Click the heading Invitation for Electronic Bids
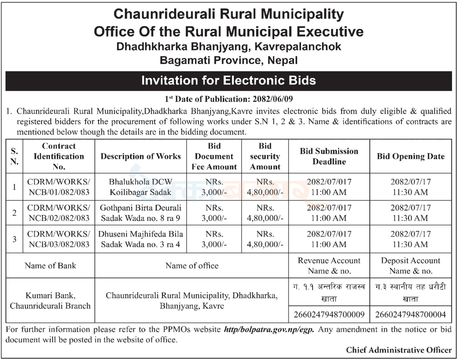pyautogui.click(x=228, y=81)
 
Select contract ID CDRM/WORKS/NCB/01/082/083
pyautogui.click(x=59, y=187)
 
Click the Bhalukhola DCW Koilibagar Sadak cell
pyautogui.click(x=140, y=187)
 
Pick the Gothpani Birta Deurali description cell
pyautogui.click(x=140, y=213)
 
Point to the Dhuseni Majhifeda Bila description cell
pyautogui.click(x=140, y=239)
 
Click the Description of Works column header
pyautogui.click(x=140, y=156)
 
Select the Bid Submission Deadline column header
pyautogui.click(x=329, y=156)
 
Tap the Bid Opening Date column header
pyautogui.click(x=411, y=156)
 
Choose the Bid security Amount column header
pyautogui.click(x=265, y=156)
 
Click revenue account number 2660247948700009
pyautogui.click(x=329, y=314)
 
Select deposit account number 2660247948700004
pyautogui.click(x=411, y=314)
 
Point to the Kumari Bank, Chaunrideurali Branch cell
pyautogui.click(x=50, y=300)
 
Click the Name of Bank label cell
pyautogui.click(x=50, y=265)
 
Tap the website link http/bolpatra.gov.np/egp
pyautogui.click(x=269, y=329)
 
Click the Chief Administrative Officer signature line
pyautogui.click(x=399, y=350)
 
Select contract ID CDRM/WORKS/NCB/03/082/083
pyautogui.click(x=59, y=239)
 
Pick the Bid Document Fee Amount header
pyautogui.click(x=214, y=156)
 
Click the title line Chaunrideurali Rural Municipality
pyautogui.click(x=228, y=14)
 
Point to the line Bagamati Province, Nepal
pyautogui.click(x=228, y=60)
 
